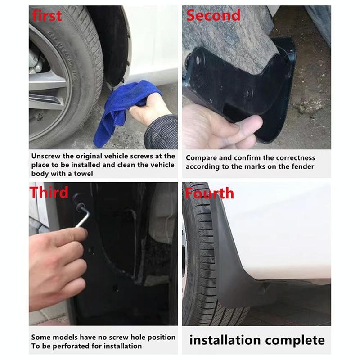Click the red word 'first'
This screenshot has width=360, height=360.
pyautogui.click(x=47, y=16)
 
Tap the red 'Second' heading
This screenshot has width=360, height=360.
pyautogui.click(x=214, y=16)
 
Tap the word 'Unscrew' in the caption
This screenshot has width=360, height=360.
pyautogui.click(x=47, y=156)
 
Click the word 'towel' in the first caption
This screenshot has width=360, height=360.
pyautogui.click(x=84, y=173)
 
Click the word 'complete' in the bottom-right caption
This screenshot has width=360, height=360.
pyautogui.click(x=297, y=340)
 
